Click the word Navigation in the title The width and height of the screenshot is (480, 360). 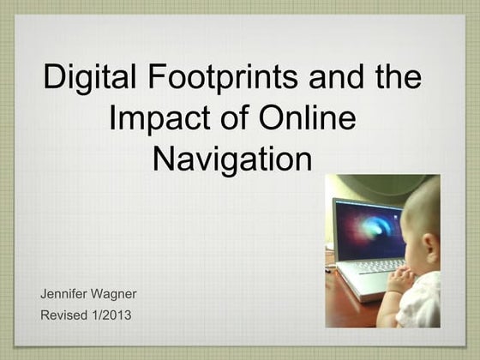(231, 159)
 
